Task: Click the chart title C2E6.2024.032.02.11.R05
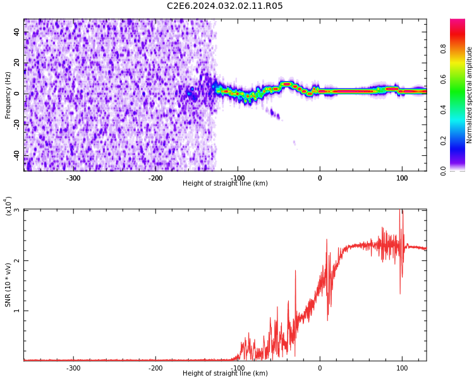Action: (x=224, y=6)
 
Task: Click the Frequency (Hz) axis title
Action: (x=8, y=95)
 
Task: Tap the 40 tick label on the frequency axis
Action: (x=17, y=32)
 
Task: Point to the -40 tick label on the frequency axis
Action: (x=17, y=156)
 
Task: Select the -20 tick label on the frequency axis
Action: (x=17, y=125)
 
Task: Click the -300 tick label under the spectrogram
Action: (x=73, y=178)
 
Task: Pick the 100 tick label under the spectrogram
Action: (x=402, y=178)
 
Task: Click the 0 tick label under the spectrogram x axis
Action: (x=320, y=178)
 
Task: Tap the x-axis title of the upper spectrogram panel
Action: (x=225, y=183)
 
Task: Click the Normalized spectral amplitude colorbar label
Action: (x=469, y=95)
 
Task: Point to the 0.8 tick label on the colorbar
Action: (x=443, y=49)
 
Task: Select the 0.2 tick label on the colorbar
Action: (x=443, y=141)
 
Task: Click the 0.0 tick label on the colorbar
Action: (x=443, y=171)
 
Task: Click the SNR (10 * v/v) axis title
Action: (x=8, y=285)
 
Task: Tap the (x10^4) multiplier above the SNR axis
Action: (x=8, y=206)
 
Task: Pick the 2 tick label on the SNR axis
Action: (x=17, y=260)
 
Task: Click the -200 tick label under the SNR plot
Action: (x=155, y=368)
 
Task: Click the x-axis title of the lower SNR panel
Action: (x=225, y=373)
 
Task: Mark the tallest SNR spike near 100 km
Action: (x=400, y=210)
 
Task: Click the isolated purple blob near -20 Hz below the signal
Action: (x=275, y=114)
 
